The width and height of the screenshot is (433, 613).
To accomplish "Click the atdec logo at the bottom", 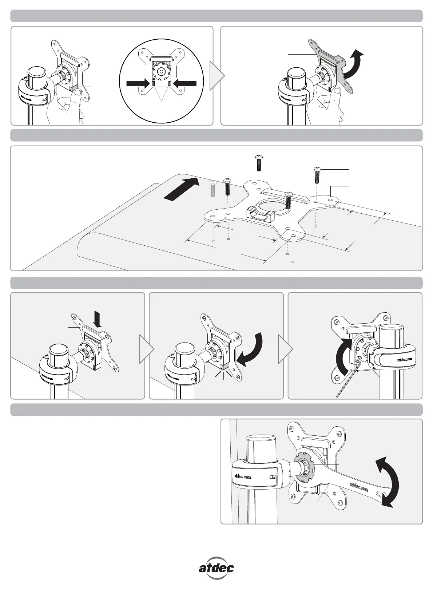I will coord(216,567).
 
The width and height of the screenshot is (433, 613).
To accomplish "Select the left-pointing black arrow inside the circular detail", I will coord(185,83).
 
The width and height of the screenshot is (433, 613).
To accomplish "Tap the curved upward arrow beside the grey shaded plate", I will coord(354,64).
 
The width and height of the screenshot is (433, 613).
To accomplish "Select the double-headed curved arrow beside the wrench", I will coord(388,482).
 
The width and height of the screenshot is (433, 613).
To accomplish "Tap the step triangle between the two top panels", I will coord(217,76).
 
